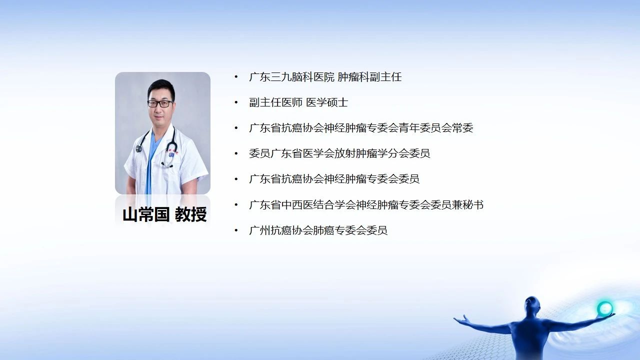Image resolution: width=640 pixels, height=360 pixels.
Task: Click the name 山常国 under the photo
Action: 146,215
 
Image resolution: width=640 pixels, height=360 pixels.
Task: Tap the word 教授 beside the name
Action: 191,215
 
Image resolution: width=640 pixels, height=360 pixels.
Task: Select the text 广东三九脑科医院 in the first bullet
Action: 291,77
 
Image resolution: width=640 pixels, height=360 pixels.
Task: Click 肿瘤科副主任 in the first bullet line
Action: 369,77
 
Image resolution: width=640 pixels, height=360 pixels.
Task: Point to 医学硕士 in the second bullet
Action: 327,102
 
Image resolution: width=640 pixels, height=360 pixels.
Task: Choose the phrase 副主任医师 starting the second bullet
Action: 275,102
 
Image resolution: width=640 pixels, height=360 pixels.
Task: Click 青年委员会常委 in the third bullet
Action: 436,128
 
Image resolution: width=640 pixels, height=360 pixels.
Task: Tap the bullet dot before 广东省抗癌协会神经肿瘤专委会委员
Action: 236,179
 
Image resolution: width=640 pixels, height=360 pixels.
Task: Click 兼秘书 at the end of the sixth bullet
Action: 467,205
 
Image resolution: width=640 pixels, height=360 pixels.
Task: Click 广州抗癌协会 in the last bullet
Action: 281,230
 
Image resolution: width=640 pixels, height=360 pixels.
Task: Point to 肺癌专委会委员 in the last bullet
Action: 350,230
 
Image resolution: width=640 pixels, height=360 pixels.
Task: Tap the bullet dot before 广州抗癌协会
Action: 236,230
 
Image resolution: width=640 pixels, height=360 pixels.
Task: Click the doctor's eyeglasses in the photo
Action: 160,103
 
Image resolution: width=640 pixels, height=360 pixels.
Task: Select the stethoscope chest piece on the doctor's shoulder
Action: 139,148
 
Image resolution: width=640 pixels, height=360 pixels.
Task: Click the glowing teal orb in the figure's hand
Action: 605,308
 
